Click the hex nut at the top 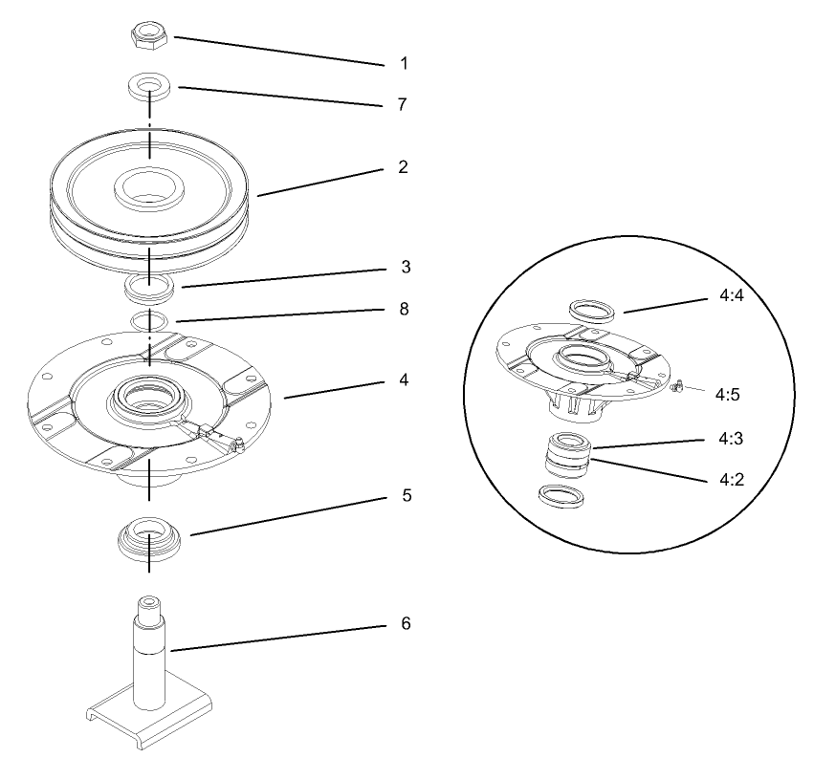coord(149,36)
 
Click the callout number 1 coord(404,64)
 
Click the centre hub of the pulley coord(149,186)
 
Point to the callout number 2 coord(404,166)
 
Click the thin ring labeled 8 coord(149,319)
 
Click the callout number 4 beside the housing coord(404,379)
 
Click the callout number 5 coord(404,498)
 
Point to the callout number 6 coord(404,623)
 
